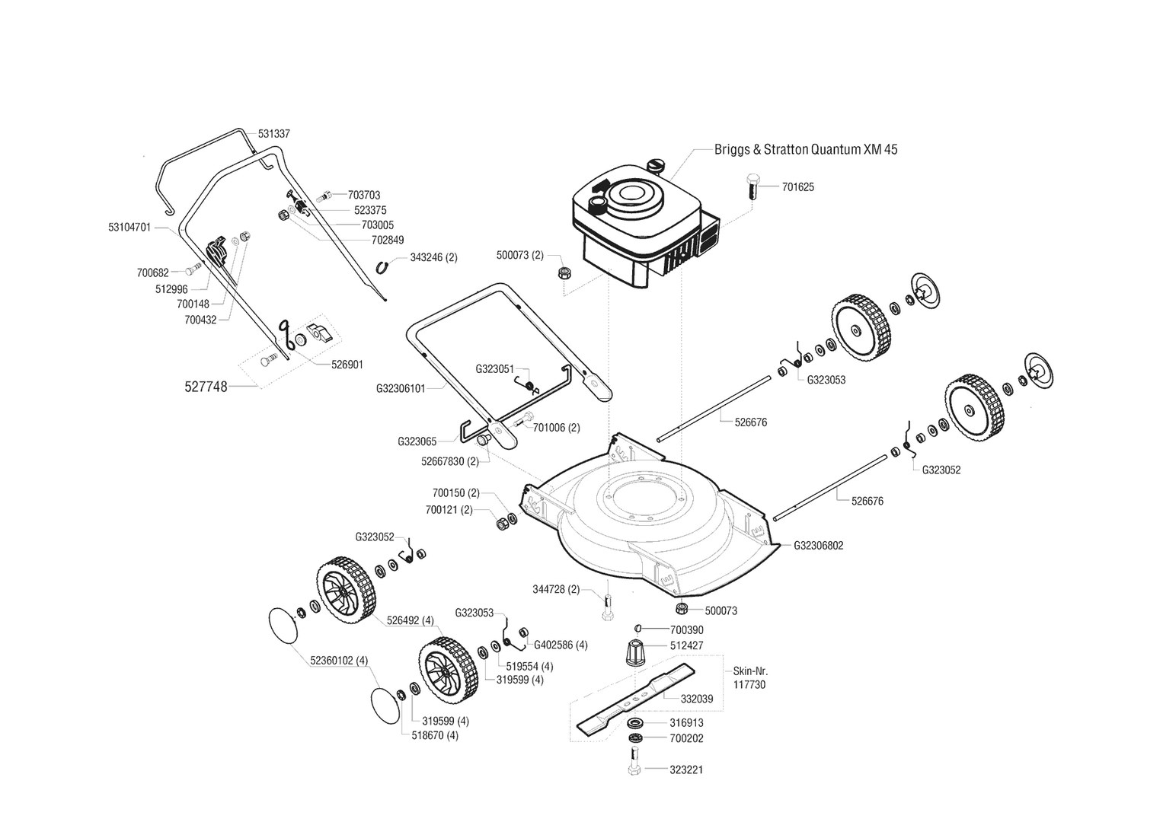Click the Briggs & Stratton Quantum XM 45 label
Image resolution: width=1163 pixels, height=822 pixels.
pos(806,149)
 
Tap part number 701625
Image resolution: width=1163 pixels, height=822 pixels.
pos(797,186)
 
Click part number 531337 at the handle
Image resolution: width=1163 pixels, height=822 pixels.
pos(273,133)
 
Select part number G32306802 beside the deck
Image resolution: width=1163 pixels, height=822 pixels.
pos(819,546)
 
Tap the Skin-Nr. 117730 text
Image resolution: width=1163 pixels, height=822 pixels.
pos(750,678)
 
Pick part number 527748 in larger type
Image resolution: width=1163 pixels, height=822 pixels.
pos(206,387)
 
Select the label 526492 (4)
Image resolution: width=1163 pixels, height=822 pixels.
pos(410,620)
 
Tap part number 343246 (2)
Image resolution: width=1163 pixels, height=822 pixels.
pos(433,257)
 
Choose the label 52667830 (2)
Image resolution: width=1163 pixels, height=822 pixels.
pos(449,461)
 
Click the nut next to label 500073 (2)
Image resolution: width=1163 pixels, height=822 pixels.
pos(564,272)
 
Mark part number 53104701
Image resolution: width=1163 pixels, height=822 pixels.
pos(129,227)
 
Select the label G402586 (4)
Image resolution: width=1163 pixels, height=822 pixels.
pos(561,645)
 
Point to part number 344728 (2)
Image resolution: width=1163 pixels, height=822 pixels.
pos(555,589)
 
